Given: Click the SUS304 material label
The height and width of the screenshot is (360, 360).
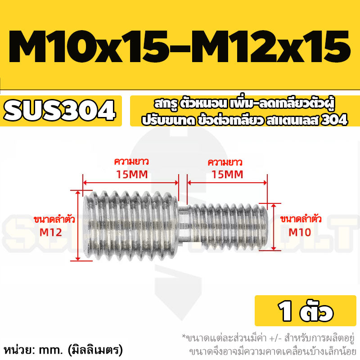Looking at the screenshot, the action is click(59, 110).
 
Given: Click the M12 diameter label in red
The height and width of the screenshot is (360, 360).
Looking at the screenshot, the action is click(51, 232).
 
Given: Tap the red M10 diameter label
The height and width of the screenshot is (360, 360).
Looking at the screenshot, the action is click(300, 232).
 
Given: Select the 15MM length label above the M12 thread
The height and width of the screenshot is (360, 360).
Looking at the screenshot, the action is click(132, 175).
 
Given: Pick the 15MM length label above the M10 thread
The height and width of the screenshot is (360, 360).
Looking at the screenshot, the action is click(227, 175).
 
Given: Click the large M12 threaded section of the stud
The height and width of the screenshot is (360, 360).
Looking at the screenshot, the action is click(131, 226).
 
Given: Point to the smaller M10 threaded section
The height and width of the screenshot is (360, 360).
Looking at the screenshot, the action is click(229, 227).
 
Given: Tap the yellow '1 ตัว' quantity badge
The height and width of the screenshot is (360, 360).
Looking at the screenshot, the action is click(306, 310).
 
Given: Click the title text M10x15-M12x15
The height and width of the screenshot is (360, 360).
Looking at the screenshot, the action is click(180, 47).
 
